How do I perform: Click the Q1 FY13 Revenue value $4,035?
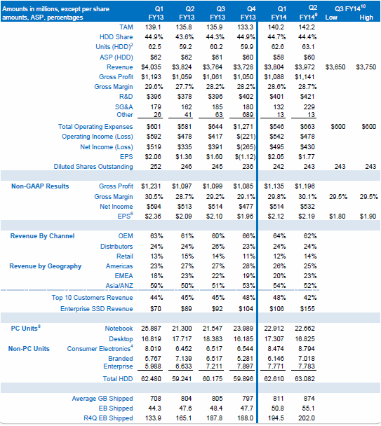tap(152, 67)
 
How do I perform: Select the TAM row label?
tap(126, 27)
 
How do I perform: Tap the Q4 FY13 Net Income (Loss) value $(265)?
tap(245, 147)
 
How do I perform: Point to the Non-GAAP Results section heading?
tap(40, 186)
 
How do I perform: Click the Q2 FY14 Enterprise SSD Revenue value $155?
tap(307, 308)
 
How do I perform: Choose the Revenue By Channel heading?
tap(43, 236)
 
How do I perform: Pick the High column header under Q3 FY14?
tap(366, 18)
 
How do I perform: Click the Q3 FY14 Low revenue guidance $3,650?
tap(335, 67)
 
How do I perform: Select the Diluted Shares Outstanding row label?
tap(93, 167)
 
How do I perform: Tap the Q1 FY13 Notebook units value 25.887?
tap(151, 329)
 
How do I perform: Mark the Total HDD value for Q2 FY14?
tap(305, 379)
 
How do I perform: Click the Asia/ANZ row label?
tap(119, 286)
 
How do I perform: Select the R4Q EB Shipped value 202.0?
tap(307, 418)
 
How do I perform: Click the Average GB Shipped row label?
tap(102, 398)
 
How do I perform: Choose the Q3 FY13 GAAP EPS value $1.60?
tap(214, 157)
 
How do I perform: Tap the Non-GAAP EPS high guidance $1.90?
tap(368, 217)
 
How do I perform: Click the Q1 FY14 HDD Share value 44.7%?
tap(276, 37)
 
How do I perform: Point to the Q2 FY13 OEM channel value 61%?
tap(187, 236)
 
